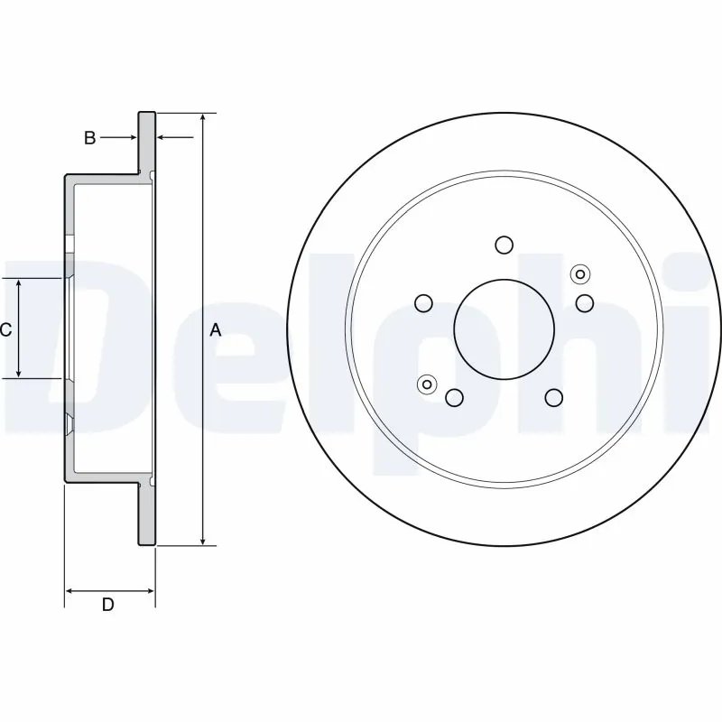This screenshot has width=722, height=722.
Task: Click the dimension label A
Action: click(215, 330)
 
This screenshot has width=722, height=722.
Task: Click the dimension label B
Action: click(89, 138)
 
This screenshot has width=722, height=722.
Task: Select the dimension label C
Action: click(5, 330)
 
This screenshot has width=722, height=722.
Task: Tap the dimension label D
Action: click(107, 605)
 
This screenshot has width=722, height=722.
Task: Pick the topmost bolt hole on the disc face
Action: click(504, 245)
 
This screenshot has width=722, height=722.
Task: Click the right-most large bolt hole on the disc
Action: click(585, 302)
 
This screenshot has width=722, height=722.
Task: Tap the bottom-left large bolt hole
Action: click(454, 397)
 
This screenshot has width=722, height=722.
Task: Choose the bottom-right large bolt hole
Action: click(553, 397)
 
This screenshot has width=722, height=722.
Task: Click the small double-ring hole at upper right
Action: click(579, 274)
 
